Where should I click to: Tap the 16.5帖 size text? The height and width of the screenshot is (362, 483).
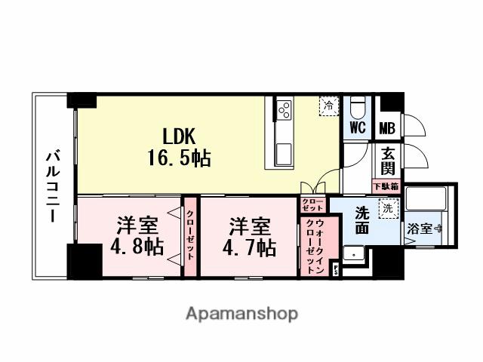tap(180, 158)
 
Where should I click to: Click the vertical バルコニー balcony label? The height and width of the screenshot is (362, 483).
tap(53, 186)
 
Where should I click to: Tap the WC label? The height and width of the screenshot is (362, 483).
tap(358, 127)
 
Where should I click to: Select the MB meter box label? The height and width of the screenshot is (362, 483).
tap(387, 127)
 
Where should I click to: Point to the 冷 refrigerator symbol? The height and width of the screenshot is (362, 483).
tap(328, 107)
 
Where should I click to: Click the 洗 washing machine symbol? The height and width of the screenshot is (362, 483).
tap(387, 207)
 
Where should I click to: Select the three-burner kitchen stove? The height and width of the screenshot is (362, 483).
tap(284, 110)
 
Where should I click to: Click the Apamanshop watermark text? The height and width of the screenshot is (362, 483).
tap(241, 313)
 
